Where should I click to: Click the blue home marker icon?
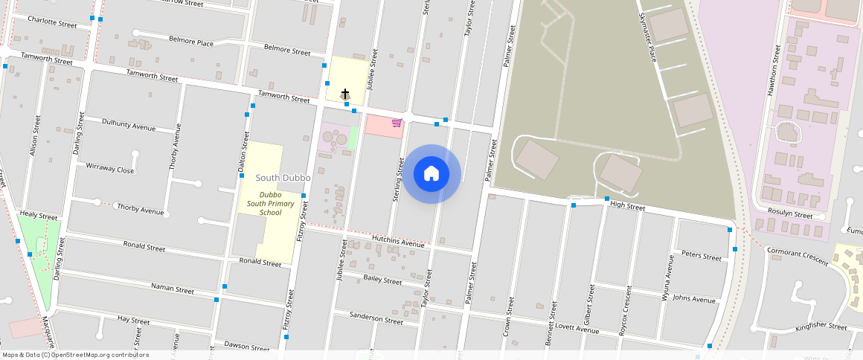click(431, 174)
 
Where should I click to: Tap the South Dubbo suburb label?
click(283, 178)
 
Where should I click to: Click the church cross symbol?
click(345, 93)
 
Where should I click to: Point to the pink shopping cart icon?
click(397, 123)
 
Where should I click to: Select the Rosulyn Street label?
click(790, 215)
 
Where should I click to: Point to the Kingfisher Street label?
click(821, 327)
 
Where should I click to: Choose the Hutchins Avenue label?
click(398, 243)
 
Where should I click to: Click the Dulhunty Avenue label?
click(129, 124)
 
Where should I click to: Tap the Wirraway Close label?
click(110, 169)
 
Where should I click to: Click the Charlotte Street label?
click(51, 23)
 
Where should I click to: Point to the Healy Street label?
click(39, 216)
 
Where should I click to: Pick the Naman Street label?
click(172, 287)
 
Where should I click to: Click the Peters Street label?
click(702, 257)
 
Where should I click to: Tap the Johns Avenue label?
click(693, 300)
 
